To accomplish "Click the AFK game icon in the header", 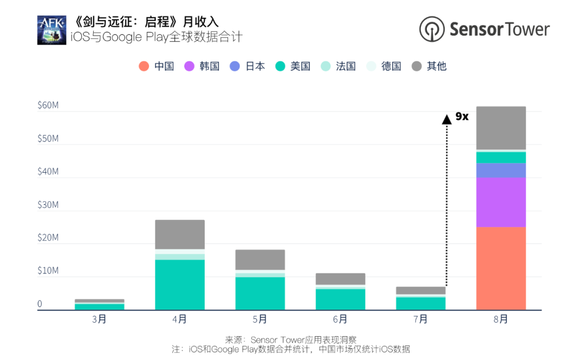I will coord(51,30).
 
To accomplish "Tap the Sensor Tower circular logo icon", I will coord(432,29).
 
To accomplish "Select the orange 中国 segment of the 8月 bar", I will coord(501,268).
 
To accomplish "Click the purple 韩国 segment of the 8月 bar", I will coord(501,202).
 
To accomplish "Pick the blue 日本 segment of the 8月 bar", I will coord(501,170).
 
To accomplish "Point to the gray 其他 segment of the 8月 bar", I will coord(501,128).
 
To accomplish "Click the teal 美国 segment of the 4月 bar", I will coord(180,285).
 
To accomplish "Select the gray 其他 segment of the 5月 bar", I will coord(260,260).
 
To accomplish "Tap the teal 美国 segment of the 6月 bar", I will coord(340,299).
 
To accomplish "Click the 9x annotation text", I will coord(461,116).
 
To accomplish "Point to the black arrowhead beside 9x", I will coord(446,120).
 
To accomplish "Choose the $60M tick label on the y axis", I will coord(48,105).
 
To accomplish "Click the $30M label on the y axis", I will coord(48,205).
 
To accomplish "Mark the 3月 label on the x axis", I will coord(99,319).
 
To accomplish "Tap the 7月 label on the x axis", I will coord(420,319).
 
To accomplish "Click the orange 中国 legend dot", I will coord(144,67).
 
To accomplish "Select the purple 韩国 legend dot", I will coord(189,67).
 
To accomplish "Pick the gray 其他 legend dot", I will coord(417,67).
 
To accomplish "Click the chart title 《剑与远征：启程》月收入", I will coord(146,22).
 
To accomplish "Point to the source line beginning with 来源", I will coord(291,339).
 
